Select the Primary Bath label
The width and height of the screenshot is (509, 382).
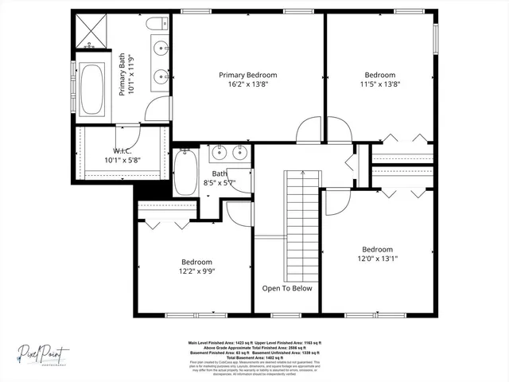click(x=122, y=74)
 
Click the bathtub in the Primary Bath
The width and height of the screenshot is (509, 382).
click(x=93, y=88)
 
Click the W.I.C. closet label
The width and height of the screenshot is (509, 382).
click(x=122, y=150)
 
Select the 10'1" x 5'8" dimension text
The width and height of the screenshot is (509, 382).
click(x=122, y=160)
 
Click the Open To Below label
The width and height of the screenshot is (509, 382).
click(x=287, y=288)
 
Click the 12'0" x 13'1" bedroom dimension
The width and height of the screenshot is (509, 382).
click(x=377, y=259)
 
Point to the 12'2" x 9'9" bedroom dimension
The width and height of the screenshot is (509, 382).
click(x=196, y=271)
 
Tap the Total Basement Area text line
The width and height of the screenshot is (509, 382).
click(x=254, y=357)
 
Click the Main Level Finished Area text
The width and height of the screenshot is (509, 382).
click(x=215, y=343)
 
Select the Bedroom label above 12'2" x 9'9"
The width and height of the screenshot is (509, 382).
click(x=196, y=262)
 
